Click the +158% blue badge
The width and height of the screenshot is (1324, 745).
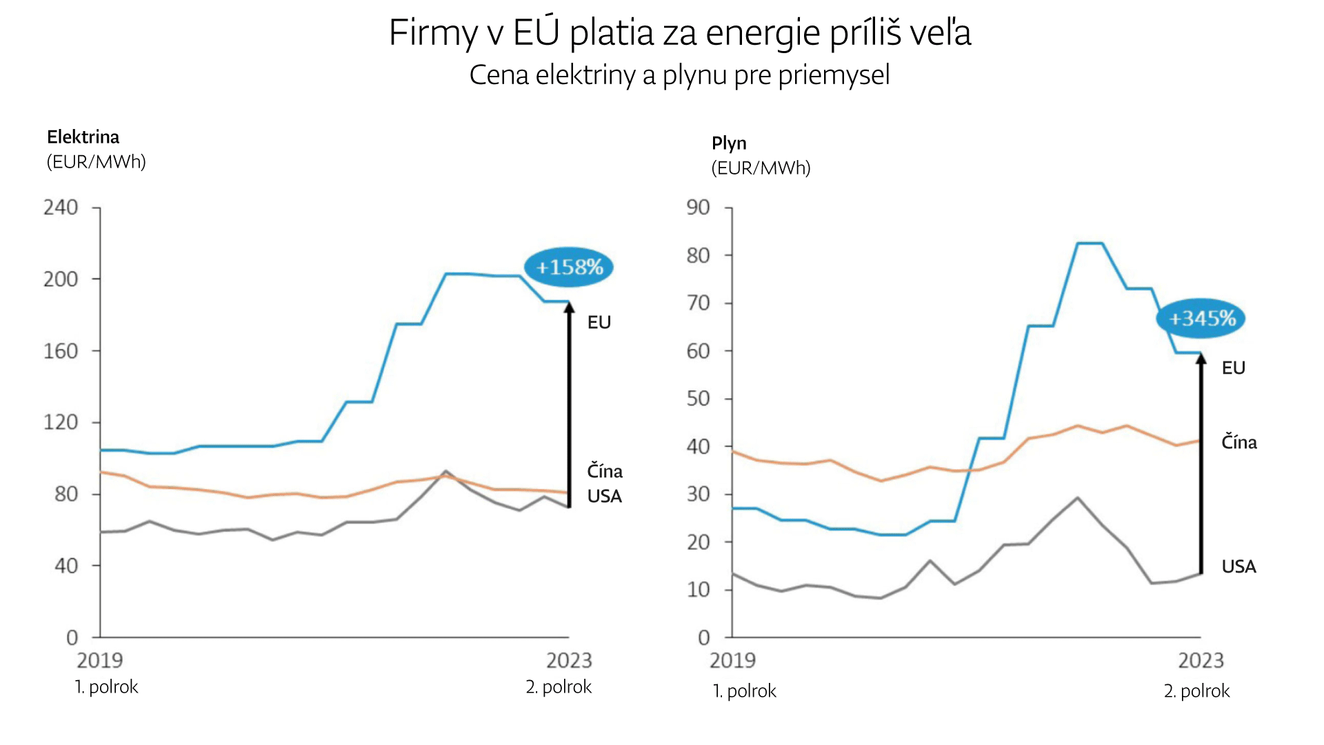[568, 267]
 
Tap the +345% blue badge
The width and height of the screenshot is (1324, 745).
[1201, 319]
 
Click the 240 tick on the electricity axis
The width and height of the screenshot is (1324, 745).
[61, 208]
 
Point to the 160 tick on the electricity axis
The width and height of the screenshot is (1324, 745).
[61, 351]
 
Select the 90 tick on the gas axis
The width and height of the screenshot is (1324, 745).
[698, 208]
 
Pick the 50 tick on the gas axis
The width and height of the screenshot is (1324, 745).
[698, 399]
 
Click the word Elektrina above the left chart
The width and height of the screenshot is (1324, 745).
[83, 137]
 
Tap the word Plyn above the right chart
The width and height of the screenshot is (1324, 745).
[729, 143]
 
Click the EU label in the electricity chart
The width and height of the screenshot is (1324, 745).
[599, 322]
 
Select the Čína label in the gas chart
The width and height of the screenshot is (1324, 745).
[1239, 442]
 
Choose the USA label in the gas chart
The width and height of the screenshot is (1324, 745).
[1239, 567]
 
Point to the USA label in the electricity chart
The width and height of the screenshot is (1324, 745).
[605, 496]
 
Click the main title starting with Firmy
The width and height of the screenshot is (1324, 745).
[680, 32]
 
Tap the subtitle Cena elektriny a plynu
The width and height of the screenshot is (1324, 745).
[679, 74]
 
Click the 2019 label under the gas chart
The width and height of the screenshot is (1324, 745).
[732, 661]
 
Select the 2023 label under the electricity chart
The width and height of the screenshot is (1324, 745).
[569, 661]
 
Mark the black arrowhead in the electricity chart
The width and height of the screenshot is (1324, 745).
[570, 308]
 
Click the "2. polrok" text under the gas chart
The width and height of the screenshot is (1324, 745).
[1196, 691]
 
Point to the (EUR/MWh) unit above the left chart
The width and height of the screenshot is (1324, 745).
[97, 162]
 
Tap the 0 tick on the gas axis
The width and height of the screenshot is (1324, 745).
[703, 637]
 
